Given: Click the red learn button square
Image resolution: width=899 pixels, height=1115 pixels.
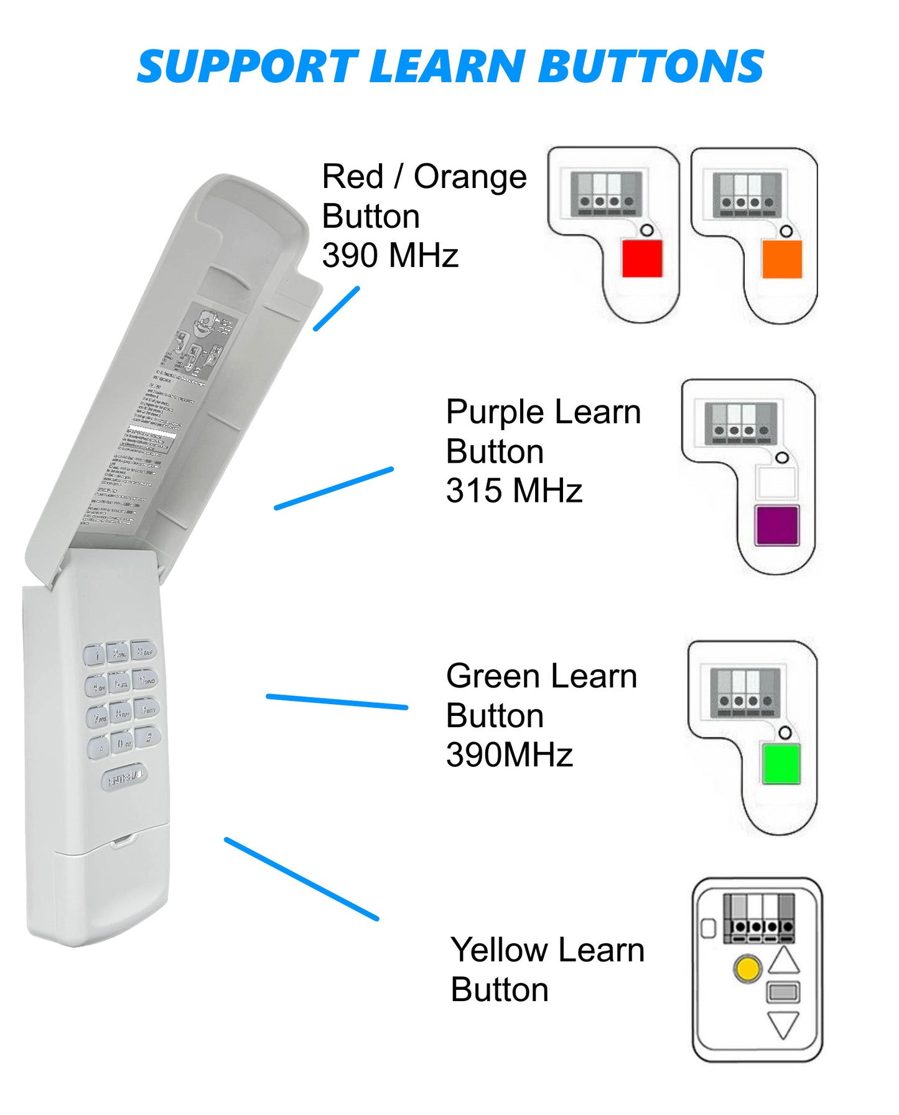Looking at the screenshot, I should click(x=642, y=258).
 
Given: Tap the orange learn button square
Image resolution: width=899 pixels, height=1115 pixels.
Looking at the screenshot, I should click(x=782, y=258).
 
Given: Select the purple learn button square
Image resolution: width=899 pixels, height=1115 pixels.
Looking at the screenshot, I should click(x=776, y=525).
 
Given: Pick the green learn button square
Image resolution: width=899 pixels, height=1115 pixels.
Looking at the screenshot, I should click(x=781, y=763).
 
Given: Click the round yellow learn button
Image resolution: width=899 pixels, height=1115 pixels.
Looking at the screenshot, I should click(x=747, y=969).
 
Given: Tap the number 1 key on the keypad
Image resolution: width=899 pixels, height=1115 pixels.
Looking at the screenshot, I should click(x=96, y=656).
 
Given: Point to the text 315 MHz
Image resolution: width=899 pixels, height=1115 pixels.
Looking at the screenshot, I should click(x=514, y=491).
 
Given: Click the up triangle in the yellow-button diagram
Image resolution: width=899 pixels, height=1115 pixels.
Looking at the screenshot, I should click(x=784, y=962).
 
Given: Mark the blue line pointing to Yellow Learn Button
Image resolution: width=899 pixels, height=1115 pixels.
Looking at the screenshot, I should click(x=302, y=878).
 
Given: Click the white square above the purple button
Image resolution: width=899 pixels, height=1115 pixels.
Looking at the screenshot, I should click(x=776, y=482).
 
